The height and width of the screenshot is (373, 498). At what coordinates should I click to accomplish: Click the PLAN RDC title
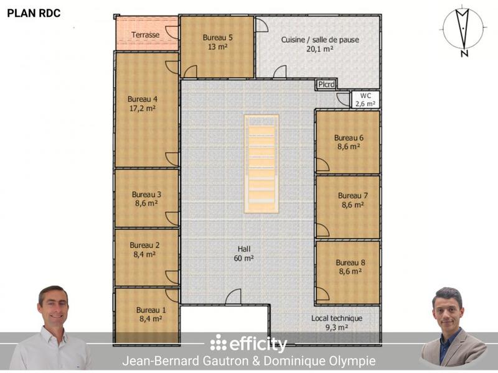(x=34, y=13)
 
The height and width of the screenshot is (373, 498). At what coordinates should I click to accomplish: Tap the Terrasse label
(x=146, y=35)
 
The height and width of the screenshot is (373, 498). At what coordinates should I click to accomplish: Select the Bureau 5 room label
(x=217, y=37)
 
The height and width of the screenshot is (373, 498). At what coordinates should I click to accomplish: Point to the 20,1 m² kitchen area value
(x=320, y=49)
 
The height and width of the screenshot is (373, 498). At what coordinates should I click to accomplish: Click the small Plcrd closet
(x=326, y=85)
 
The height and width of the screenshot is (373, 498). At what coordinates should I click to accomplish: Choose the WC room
(x=365, y=99)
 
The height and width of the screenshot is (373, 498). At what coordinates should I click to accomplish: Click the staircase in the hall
(x=261, y=163)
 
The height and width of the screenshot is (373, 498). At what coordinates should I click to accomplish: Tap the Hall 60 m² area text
(x=243, y=259)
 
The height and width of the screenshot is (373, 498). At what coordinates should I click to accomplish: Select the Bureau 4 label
(x=143, y=99)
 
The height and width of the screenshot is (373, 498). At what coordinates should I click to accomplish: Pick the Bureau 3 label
(x=146, y=194)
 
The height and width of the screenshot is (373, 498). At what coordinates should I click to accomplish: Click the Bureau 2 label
(x=144, y=245)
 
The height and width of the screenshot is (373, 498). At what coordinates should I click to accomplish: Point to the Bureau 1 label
(x=151, y=310)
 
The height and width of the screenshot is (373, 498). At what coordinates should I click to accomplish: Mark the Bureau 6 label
(x=349, y=137)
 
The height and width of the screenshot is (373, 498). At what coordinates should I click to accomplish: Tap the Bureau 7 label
(x=352, y=196)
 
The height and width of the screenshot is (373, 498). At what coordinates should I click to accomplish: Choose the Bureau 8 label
(x=350, y=262)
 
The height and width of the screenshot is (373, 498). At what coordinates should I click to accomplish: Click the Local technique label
(x=337, y=318)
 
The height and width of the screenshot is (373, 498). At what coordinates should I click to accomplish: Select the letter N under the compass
(x=464, y=53)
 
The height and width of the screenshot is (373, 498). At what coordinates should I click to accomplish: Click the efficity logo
(x=248, y=344)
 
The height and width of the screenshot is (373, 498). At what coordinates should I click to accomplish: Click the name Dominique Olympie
(x=319, y=361)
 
